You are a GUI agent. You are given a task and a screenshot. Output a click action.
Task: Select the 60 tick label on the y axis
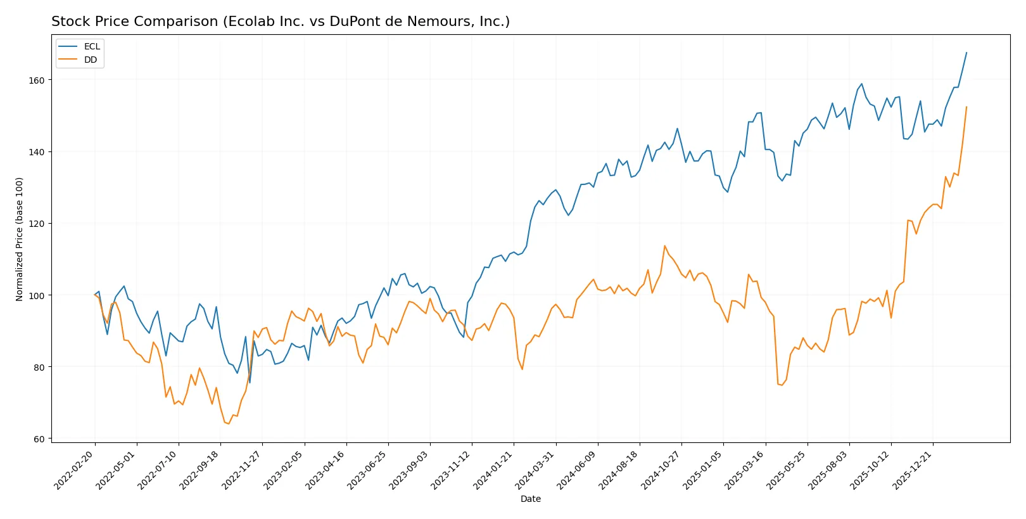(39, 439)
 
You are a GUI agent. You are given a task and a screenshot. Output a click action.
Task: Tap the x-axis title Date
(530, 499)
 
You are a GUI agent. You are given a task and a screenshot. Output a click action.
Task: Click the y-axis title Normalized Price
(20, 239)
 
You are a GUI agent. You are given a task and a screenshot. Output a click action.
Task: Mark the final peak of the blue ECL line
(966, 53)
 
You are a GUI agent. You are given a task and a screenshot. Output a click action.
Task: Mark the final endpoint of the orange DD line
(966, 107)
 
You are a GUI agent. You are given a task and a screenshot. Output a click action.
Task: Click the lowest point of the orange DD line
(229, 424)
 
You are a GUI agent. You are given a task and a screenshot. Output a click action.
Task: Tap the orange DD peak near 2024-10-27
(664, 246)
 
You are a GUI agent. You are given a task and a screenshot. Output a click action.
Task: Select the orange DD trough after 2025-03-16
(782, 385)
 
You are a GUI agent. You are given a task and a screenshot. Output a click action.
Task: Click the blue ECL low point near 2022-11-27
(250, 383)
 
